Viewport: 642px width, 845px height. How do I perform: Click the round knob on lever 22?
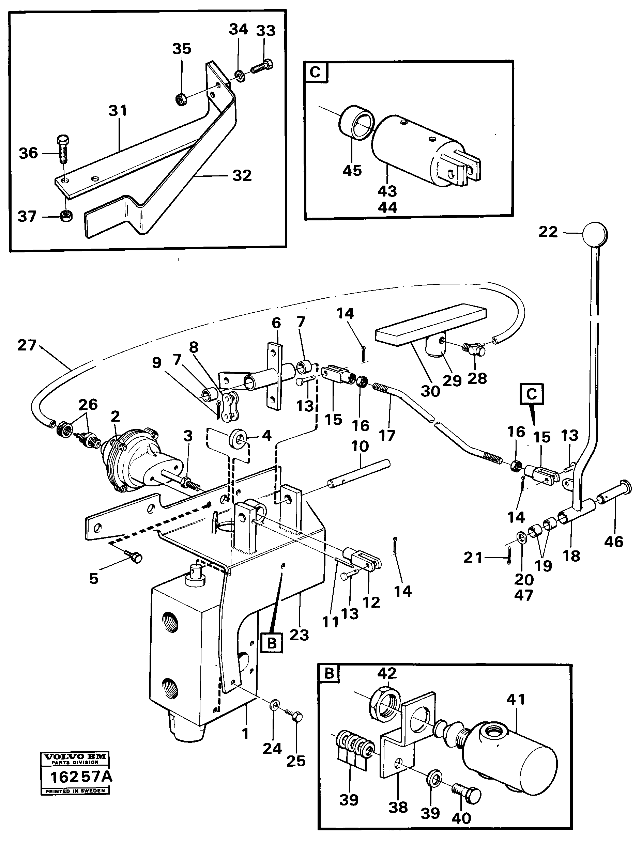(x=595, y=234)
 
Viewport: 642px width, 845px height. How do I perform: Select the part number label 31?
(x=118, y=111)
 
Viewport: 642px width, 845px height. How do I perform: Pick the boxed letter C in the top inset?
(x=316, y=72)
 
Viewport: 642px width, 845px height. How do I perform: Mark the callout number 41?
(x=516, y=700)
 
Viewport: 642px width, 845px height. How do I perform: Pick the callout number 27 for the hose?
(x=27, y=346)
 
